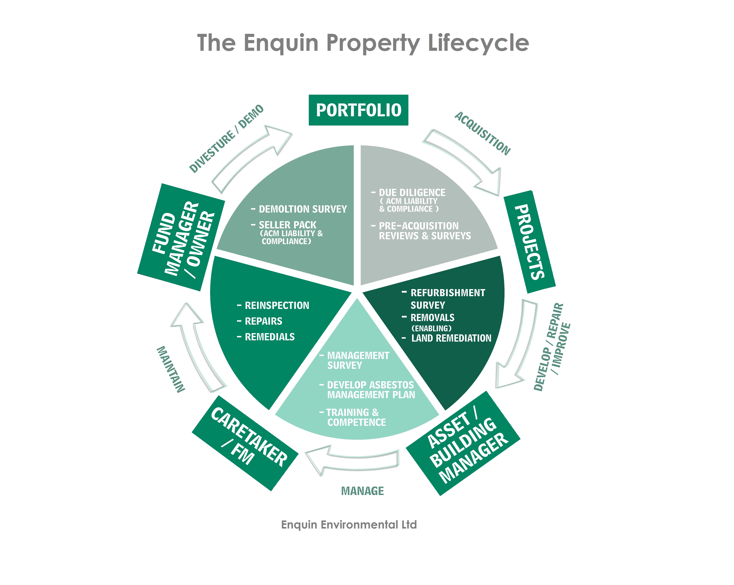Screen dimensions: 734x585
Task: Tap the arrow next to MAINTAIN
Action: (x=197, y=346)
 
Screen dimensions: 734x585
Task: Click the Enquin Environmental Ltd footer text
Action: (x=349, y=525)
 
